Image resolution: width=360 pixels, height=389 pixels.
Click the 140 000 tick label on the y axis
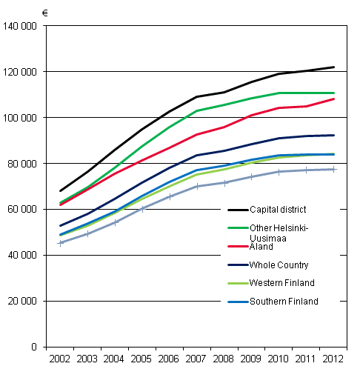tap(22, 26)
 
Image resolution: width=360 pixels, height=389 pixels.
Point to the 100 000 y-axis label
tap(22, 118)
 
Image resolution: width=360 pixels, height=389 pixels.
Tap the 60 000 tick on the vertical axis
tap(24, 210)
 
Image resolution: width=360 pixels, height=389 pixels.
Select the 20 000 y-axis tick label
tap(24, 302)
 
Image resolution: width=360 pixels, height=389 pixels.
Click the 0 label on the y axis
tap(35, 348)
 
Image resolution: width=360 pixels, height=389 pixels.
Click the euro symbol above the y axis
tap(45, 13)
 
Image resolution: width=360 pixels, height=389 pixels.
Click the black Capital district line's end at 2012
tap(333, 67)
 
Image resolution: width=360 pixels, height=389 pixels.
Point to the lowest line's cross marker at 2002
tap(61, 243)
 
